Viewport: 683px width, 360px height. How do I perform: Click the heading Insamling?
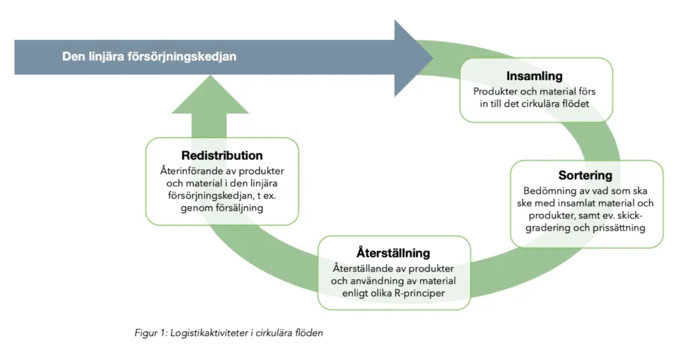[534, 76]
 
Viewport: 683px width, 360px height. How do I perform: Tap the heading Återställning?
[393, 253]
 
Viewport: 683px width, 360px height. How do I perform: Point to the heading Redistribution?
[222, 155]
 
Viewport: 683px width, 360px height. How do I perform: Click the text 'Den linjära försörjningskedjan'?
[149, 57]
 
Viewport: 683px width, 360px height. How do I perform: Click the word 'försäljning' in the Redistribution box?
[235, 208]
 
